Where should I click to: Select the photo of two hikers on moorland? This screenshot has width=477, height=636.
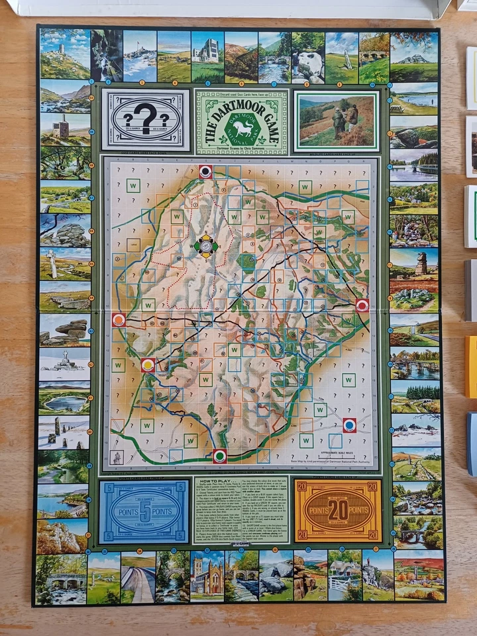tap(337, 120)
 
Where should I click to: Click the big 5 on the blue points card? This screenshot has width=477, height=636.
tap(144, 511)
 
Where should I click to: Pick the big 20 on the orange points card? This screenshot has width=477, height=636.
tap(338, 511)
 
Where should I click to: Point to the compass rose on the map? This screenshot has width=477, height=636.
tap(207, 246)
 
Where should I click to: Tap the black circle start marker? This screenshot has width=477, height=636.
tap(207, 172)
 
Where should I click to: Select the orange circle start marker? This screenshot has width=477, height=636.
tap(119, 320)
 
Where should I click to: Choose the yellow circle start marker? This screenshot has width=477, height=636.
tap(148, 364)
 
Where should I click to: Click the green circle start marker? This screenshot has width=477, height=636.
tap(220, 456)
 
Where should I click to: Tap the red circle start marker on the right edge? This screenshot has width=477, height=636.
tap(362, 305)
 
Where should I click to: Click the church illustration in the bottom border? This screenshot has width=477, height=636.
tap(207, 576)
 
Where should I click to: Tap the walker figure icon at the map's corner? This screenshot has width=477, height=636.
tap(117, 457)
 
